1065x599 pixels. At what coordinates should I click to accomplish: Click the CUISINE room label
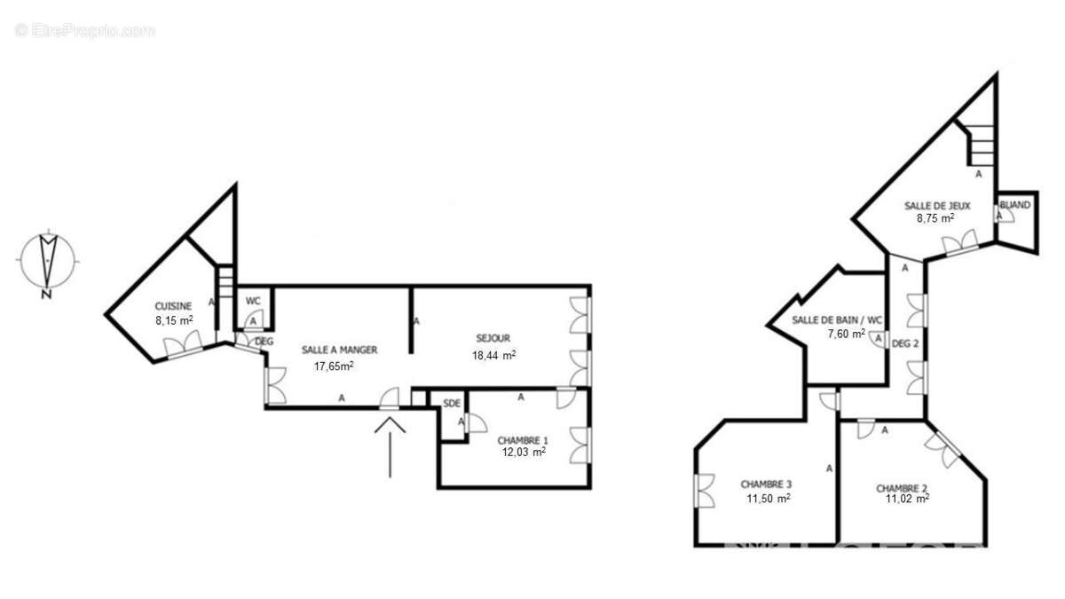(x=173, y=306)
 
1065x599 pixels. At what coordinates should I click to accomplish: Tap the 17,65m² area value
(x=334, y=365)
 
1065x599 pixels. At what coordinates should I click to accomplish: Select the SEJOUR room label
(x=493, y=337)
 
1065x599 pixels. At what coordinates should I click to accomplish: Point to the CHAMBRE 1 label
(x=523, y=439)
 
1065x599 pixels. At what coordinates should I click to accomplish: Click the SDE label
(x=452, y=404)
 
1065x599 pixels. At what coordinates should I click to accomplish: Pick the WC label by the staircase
(x=253, y=301)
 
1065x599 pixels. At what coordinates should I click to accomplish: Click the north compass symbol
(x=46, y=262)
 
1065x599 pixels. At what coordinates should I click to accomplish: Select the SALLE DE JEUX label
(x=937, y=206)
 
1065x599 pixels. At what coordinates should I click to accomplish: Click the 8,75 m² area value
(x=935, y=218)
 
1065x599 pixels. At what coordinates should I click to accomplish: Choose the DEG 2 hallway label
(x=904, y=344)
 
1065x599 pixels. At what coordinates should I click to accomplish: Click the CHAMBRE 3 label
(x=766, y=485)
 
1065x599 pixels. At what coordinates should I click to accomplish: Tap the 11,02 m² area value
(x=907, y=500)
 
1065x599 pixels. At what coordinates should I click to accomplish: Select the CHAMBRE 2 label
(x=902, y=488)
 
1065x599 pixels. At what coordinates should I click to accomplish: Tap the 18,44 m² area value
(x=494, y=355)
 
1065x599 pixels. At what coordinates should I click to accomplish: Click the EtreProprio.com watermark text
(x=85, y=30)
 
